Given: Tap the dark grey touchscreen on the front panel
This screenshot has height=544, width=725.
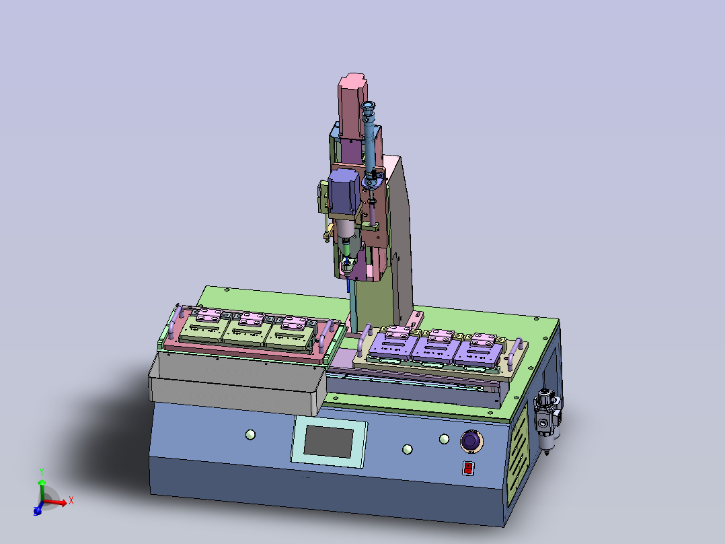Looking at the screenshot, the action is coord(329,442).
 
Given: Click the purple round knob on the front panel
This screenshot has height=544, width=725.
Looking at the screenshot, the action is coord(471,440).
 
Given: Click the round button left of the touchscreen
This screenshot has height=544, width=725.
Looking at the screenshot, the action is coord(250,435).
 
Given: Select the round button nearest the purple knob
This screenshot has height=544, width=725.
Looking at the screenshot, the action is coord(444,439).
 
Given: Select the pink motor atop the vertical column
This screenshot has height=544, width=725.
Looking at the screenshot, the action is coord(353,106).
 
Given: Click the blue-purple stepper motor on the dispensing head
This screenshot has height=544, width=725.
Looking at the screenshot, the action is coord(344,191).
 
